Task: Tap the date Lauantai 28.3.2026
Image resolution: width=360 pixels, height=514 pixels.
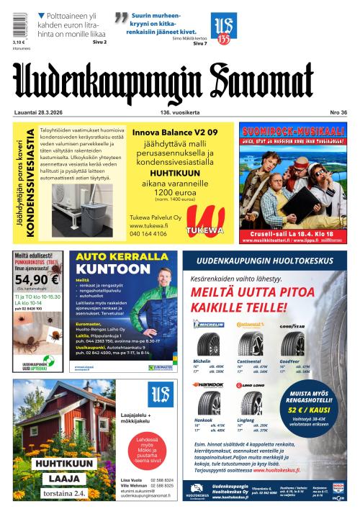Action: [x=39, y=112]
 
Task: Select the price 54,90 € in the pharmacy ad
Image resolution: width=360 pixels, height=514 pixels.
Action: [x=36, y=279]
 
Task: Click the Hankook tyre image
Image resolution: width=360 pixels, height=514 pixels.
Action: [x=209, y=402]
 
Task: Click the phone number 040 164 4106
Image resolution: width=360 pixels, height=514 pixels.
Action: [x=149, y=233]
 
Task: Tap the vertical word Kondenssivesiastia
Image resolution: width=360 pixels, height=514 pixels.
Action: [x=30, y=183]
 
